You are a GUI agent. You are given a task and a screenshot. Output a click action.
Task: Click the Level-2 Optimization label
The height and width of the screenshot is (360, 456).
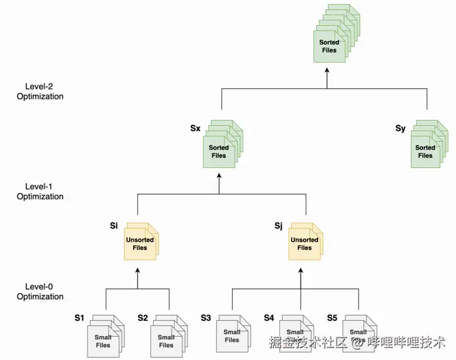coord(40,91)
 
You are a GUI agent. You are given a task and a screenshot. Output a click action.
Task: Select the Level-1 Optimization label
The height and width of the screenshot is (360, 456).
coord(40,191)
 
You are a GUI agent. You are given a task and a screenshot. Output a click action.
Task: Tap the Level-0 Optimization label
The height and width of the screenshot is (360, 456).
coord(40,291)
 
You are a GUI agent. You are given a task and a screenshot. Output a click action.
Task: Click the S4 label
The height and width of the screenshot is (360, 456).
coord(269,318)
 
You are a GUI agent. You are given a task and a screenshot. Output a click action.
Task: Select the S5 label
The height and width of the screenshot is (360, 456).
coord(332,318)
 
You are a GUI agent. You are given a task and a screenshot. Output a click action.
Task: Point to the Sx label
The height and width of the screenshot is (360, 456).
coord(195,128)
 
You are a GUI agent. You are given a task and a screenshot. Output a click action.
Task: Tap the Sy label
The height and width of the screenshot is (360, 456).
coord(401,128)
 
